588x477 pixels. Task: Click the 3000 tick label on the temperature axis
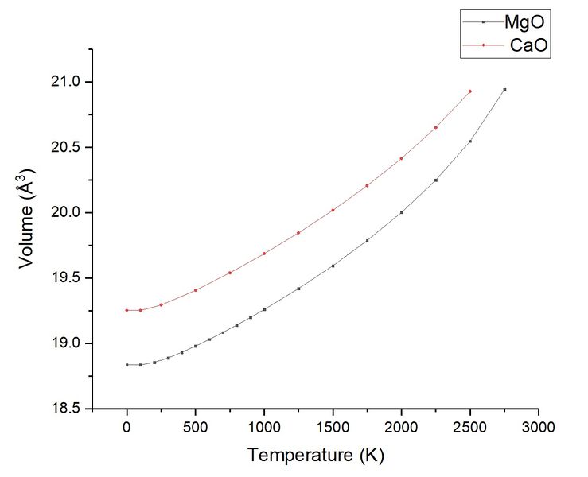(x=539, y=428)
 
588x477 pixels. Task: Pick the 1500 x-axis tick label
(x=333, y=428)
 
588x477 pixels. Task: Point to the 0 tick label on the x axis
(x=127, y=428)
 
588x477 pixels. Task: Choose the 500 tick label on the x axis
(x=195, y=428)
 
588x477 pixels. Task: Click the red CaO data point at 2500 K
(x=470, y=91)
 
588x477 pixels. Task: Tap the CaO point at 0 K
(x=127, y=310)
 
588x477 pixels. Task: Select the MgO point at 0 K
(x=127, y=365)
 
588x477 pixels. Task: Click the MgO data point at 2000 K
(x=402, y=212)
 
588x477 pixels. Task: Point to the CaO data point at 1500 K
(x=333, y=210)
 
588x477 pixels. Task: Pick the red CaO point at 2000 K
(x=402, y=158)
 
